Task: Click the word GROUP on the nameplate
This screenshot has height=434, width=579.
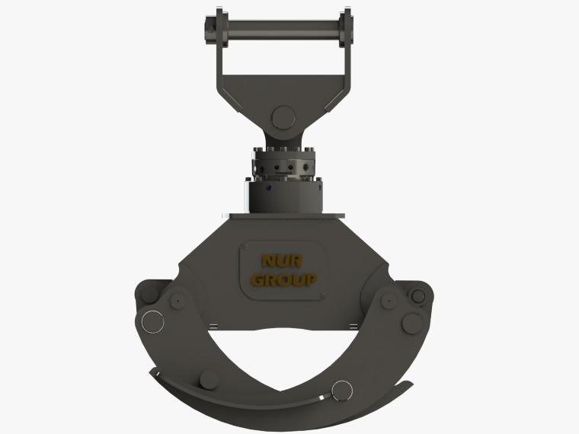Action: (283, 280)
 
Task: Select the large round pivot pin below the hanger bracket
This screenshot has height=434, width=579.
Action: (283, 118)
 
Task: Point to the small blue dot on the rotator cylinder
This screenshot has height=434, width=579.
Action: (268, 188)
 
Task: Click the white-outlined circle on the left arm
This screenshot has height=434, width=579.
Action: (152, 322)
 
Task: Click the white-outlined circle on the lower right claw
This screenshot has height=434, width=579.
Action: (341, 391)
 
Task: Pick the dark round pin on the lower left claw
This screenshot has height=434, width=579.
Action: (210, 380)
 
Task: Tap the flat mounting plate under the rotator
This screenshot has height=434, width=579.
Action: (287, 216)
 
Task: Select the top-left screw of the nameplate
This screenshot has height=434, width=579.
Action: (245, 246)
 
